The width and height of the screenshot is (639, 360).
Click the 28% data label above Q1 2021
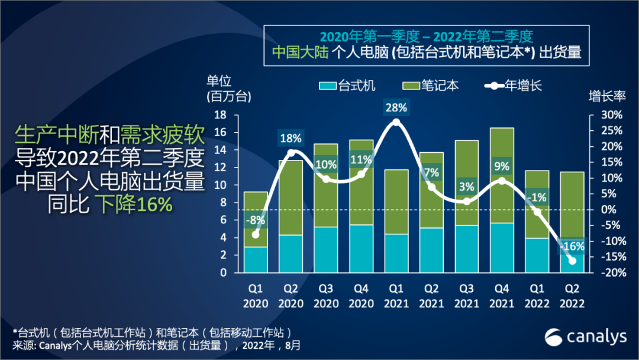coord(396,108)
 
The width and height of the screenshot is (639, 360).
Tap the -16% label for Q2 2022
coord(572,246)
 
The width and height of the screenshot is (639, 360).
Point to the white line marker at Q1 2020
coord(256,234)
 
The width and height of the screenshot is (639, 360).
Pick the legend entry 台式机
coord(348,86)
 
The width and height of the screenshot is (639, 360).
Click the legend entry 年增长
coord(514,86)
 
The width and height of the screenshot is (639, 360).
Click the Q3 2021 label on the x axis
coord(466,297)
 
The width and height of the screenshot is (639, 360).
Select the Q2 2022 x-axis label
coord(572,297)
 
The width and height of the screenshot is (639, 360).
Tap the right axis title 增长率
coord(606,95)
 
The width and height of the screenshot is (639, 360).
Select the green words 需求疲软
coord(163,136)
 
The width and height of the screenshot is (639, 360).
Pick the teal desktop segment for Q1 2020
coord(256,259)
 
